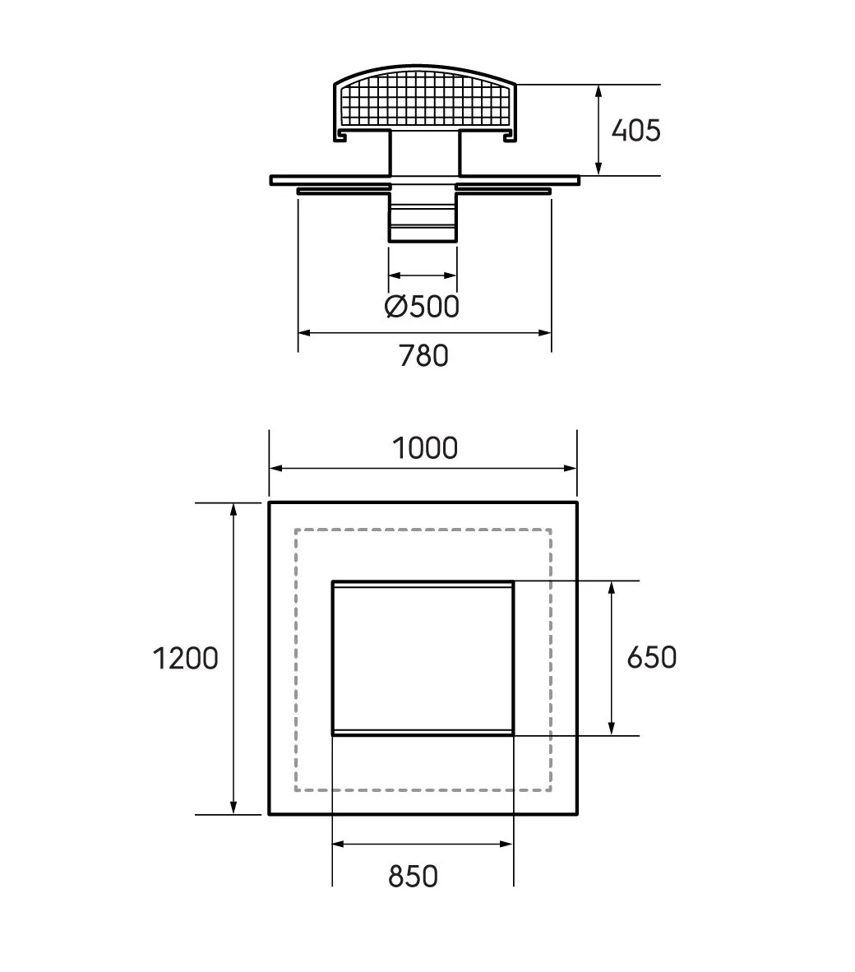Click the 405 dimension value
click(x=635, y=130)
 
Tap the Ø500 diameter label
click(x=422, y=306)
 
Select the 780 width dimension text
click(x=423, y=356)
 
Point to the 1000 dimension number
click(x=425, y=447)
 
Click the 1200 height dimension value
click(x=185, y=659)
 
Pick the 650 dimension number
click(x=652, y=657)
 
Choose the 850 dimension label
click(x=414, y=877)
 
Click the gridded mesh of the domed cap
click(x=425, y=100)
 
